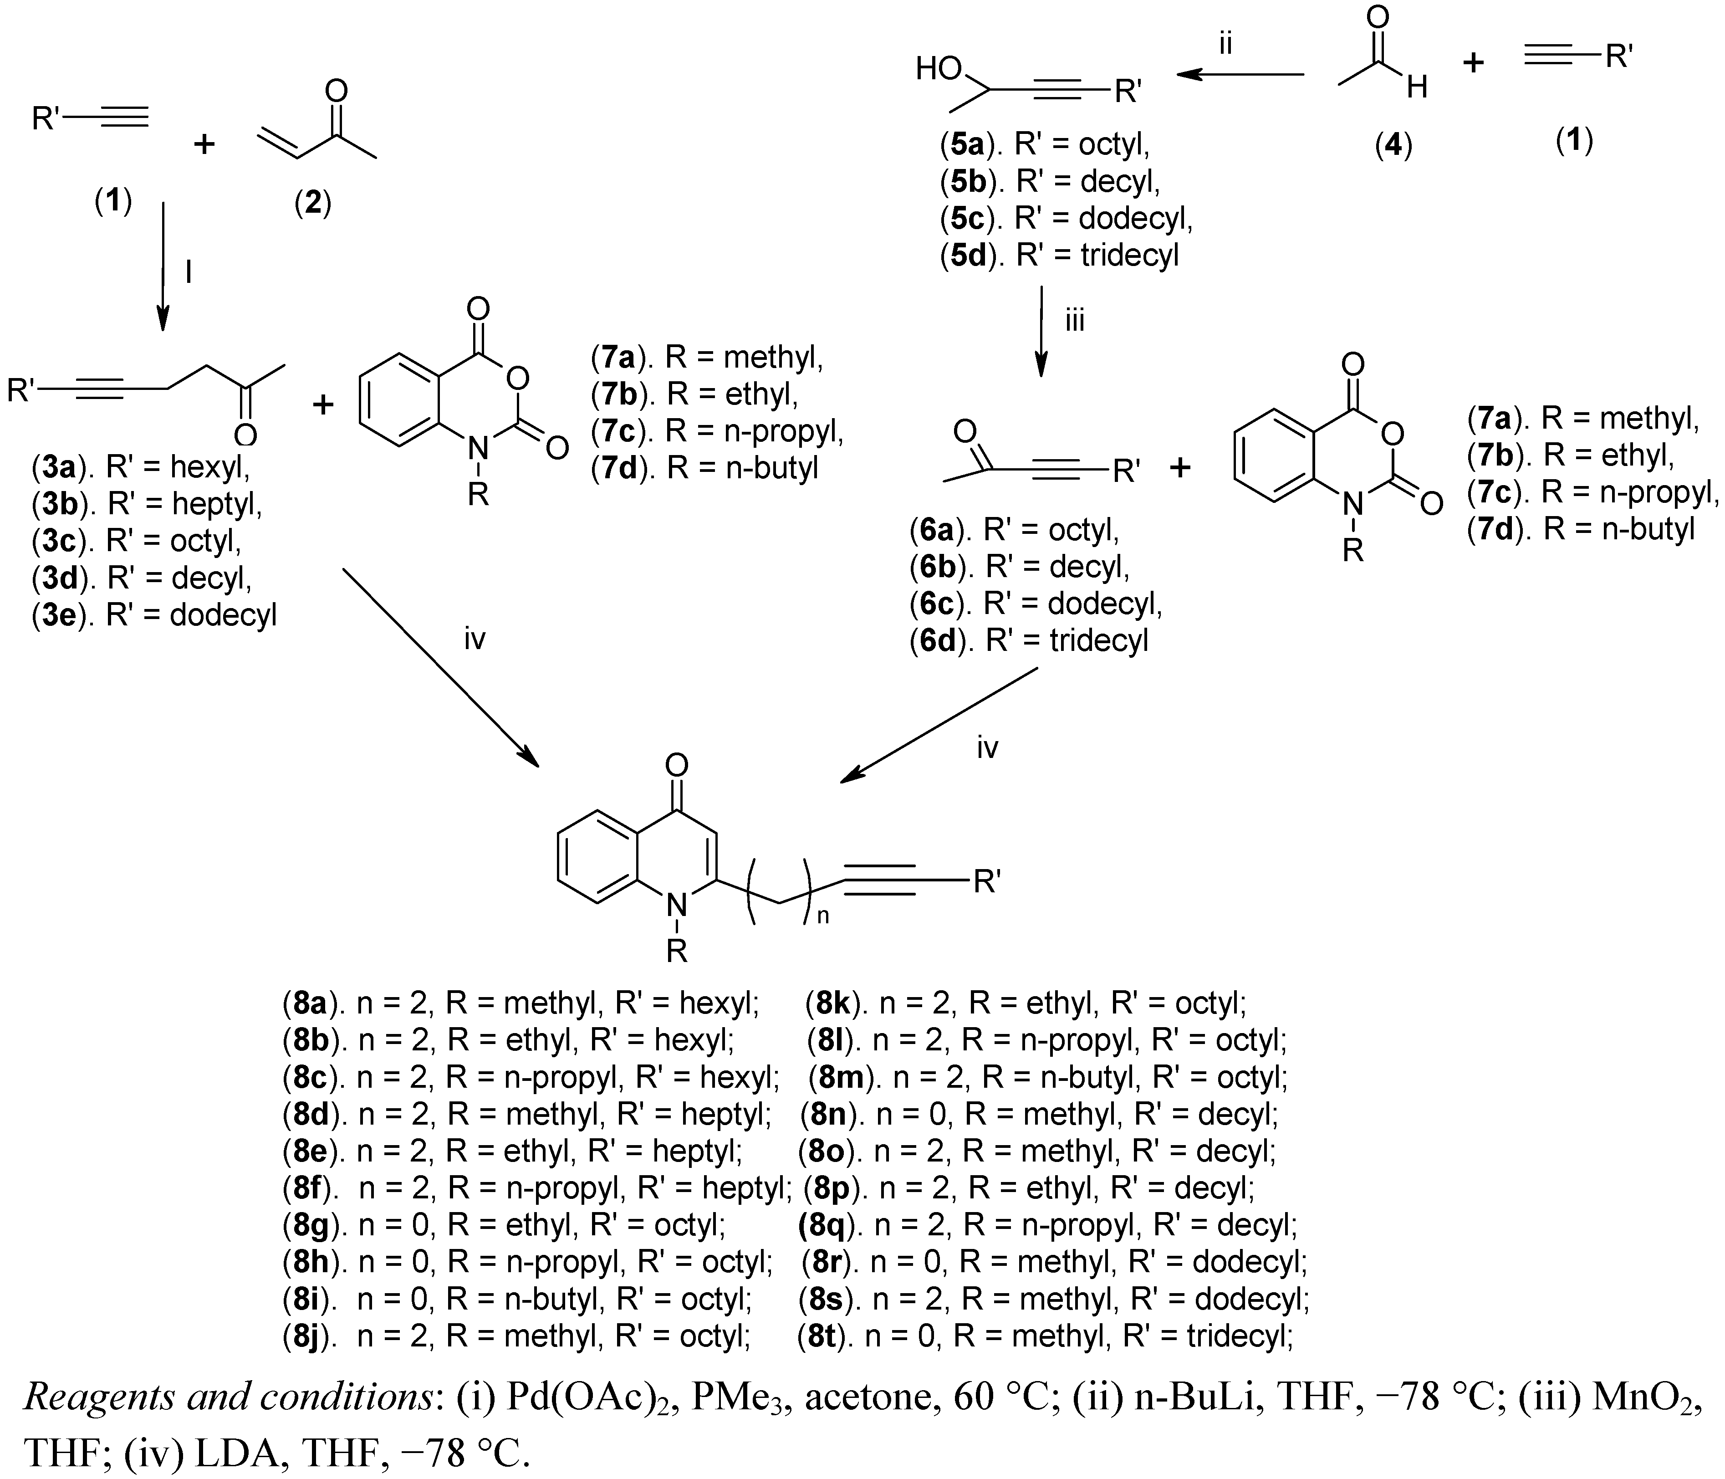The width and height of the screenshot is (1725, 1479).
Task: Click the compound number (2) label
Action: point(313,202)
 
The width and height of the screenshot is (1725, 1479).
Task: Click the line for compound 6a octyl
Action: point(1014,529)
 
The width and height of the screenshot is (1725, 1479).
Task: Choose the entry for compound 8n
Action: point(1038,1113)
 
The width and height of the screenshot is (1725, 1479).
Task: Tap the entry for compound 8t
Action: point(1045,1336)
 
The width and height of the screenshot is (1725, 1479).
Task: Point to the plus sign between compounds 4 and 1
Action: point(1474,62)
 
